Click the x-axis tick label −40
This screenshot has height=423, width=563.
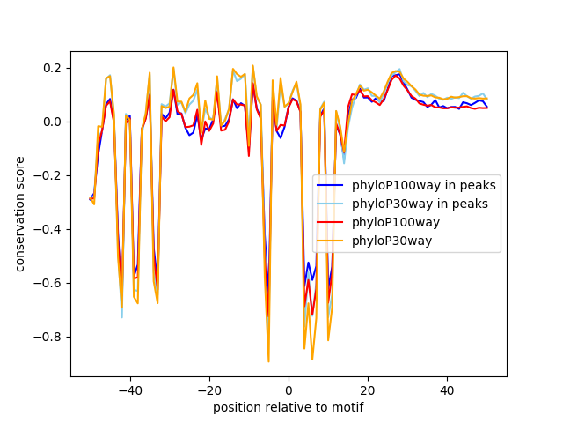[129, 390]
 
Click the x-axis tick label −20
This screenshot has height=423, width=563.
[208, 390]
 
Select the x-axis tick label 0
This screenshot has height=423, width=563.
[289, 390]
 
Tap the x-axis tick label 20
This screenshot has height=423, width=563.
[368, 390]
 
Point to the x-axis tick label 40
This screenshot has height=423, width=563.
[447, 390]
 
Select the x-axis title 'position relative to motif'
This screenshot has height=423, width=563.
[289, 407]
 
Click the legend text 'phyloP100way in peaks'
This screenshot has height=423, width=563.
[424, 185]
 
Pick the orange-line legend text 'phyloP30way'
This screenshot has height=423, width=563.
[392, 241]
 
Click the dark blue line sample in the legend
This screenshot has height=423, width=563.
[332, 185]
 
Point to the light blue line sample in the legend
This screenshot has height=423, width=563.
[332, 204]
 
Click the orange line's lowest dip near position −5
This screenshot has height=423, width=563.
[268, 360]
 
